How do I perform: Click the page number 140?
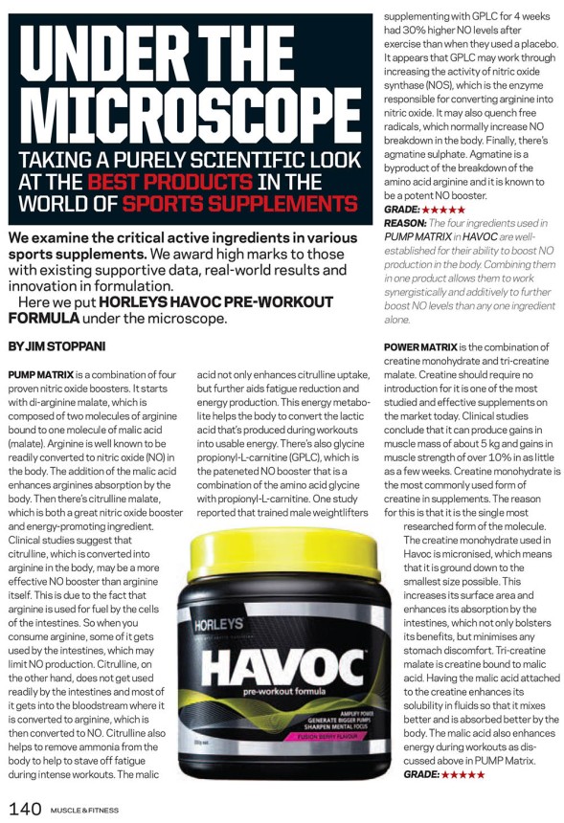26,810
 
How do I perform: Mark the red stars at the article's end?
462,773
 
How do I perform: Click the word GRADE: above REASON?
402,209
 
